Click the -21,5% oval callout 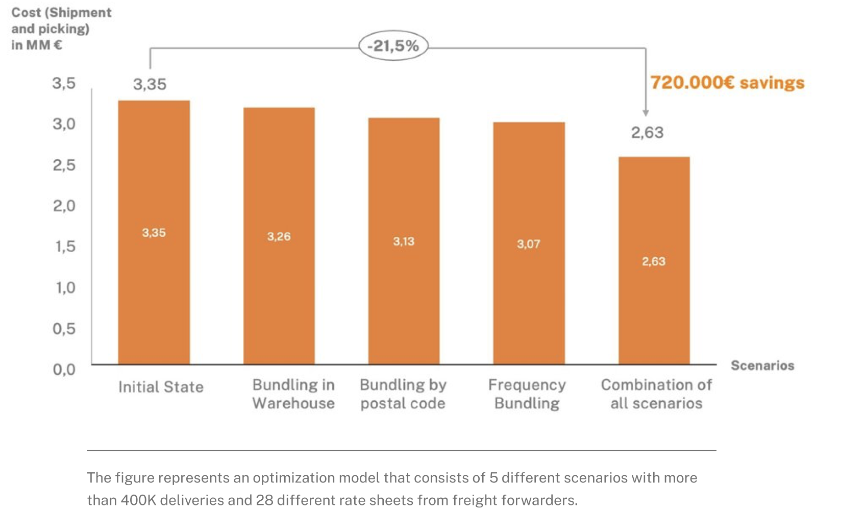tap(393, 46)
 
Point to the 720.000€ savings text tap(727, 83)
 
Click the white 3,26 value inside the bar tap(279, 236)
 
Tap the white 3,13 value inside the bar tap(404, 241)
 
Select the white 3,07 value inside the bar tap(528, 244)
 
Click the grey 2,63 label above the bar tap(647, 133)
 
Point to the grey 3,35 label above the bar tap(150, 84)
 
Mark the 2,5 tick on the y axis tap(64, 165)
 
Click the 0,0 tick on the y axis tap(64, 369)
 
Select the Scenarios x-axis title tap(762, 366)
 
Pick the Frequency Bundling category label tap(527, 394)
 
